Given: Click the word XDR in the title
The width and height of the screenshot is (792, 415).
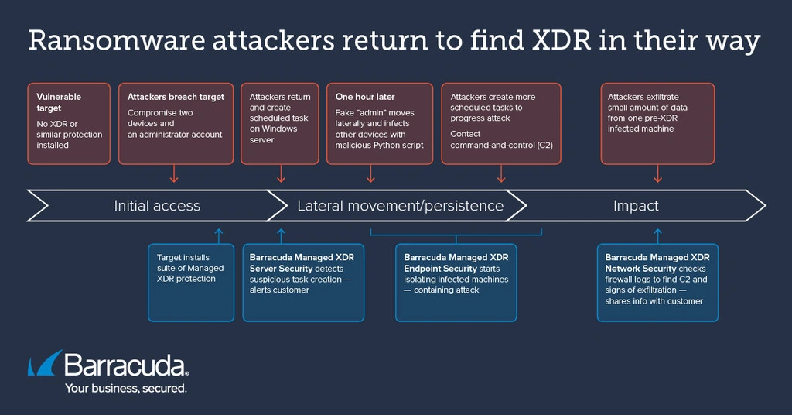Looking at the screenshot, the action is pos(562,40).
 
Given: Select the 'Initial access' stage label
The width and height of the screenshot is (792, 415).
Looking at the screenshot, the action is pos(157,206).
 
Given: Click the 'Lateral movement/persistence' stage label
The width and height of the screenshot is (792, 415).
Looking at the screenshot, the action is pos(400,206).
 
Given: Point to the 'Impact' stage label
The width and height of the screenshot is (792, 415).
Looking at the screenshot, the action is pos(636,206).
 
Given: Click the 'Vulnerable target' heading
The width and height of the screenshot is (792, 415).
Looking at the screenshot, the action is pos(59,102).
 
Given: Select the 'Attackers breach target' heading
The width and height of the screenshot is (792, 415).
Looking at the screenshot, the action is pos(176,97).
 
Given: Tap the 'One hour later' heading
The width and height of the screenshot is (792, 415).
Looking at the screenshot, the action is pos(365,97).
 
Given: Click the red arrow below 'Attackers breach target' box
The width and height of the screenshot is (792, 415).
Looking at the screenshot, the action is pos(174,173).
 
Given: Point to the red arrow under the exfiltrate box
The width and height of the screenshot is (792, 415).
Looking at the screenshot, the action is pos(657,173).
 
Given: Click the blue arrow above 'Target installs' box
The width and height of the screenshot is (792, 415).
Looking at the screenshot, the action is pos(219,236).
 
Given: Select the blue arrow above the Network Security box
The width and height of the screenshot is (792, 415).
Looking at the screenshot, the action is pos(657,236).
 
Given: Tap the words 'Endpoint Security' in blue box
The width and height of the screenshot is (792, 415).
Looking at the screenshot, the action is pos(440,269).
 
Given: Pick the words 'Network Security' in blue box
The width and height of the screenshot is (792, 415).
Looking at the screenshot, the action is pos(640,269).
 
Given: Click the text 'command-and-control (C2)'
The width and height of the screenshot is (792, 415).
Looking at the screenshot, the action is pos(501,145).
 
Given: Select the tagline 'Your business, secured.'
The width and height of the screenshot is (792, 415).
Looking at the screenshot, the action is pos(126,388).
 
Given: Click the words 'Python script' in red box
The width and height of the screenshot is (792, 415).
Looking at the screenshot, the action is pos(398,145).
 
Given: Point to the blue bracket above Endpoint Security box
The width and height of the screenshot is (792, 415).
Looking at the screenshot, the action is pos(456,235).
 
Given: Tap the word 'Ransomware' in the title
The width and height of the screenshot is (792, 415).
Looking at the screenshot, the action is pos(116,40).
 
